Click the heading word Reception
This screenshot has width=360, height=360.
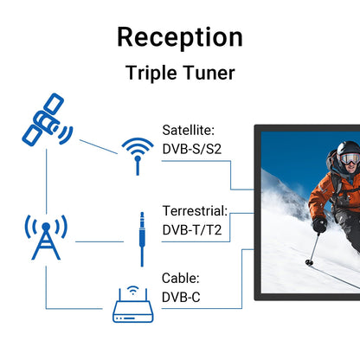tap(179, 37)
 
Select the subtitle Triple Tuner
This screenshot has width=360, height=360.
tap(179, 73)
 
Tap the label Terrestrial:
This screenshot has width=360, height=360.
tap(195, 210)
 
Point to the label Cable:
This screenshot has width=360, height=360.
tap(180, 279)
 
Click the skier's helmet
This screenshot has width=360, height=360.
tap(349, 152)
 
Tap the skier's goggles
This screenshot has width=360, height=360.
tap(346, 161)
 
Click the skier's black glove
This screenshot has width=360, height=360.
tap(319, 224)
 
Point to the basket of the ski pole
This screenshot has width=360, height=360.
tap(309, 261)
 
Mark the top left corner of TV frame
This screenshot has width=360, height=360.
tap(255, 126)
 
